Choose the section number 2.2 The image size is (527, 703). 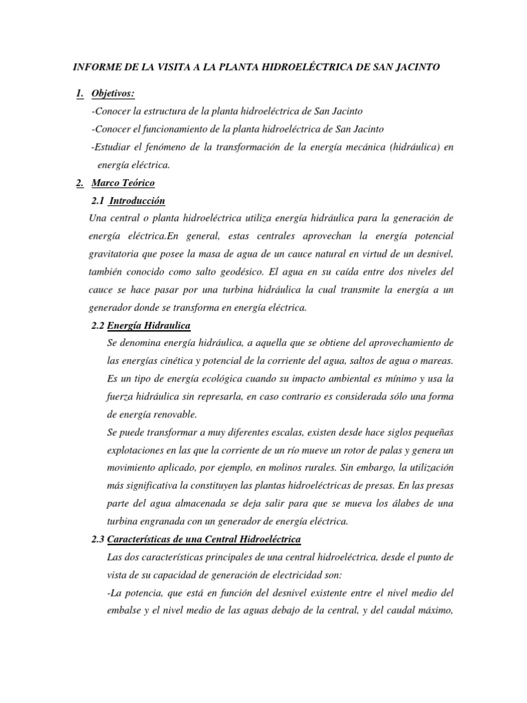[x=97, y=325]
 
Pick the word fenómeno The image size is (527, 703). [x=171, y=147]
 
